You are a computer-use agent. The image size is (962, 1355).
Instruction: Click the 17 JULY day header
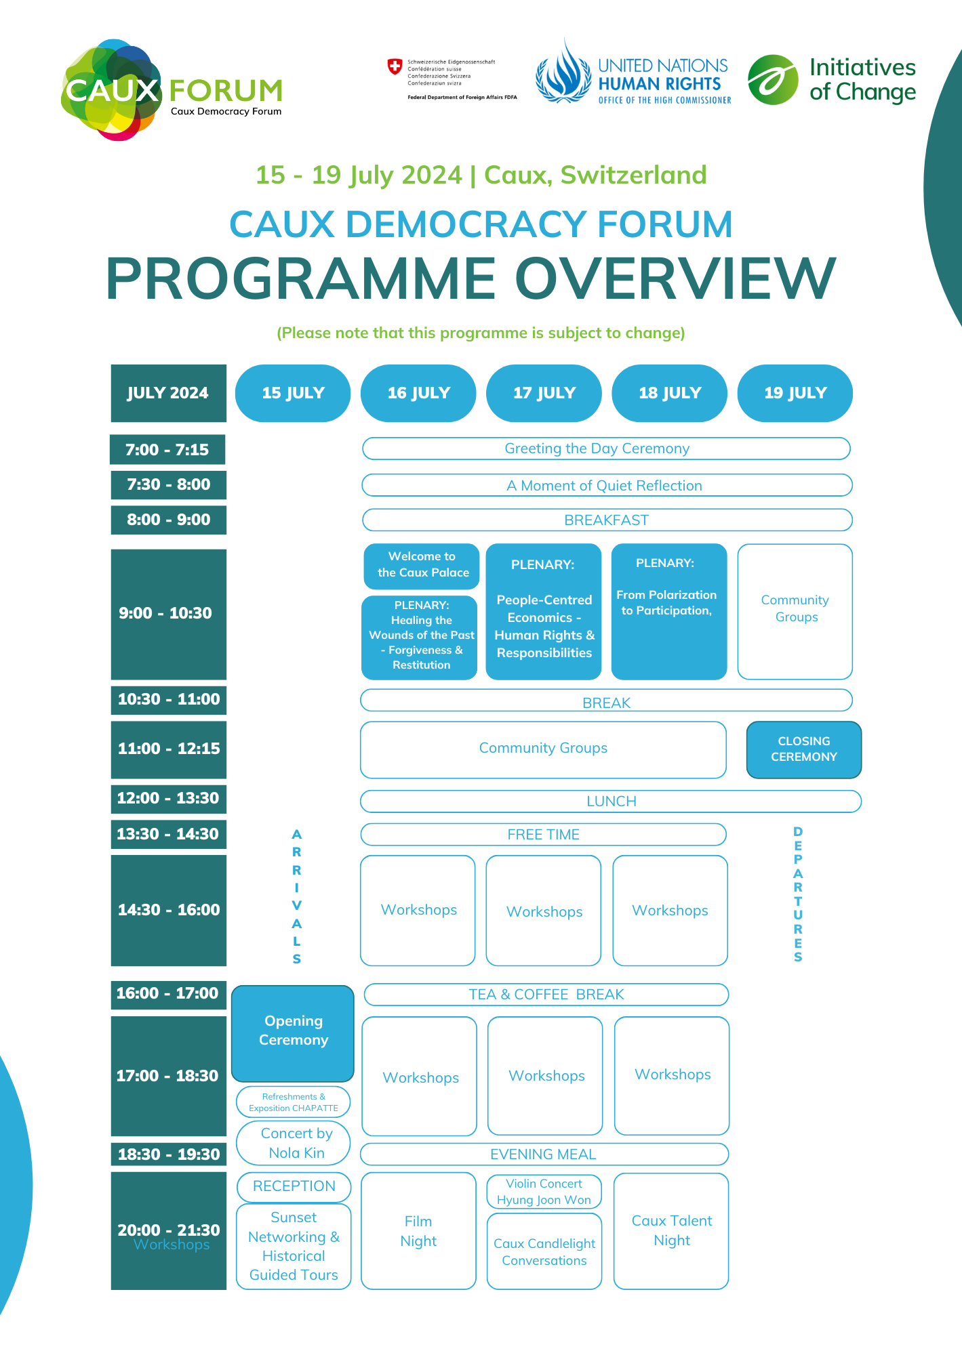544,393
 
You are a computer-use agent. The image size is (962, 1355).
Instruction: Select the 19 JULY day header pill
795,393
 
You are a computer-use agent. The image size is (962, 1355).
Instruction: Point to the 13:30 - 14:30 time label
168,834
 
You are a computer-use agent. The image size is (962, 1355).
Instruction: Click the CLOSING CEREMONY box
803,749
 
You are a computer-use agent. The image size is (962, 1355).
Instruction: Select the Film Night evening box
418,1231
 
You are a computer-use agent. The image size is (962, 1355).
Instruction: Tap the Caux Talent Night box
671,1231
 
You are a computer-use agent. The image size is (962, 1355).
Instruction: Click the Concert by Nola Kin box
294,1143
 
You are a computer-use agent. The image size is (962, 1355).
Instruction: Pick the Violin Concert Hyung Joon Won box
544,1191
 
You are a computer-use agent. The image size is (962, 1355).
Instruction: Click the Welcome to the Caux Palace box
422,565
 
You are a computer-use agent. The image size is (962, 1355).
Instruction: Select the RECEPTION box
294,1186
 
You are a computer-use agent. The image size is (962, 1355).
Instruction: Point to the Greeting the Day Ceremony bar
605,449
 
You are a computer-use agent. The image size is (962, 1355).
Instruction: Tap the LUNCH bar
610,801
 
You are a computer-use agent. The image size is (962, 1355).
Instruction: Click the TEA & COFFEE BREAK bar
546,995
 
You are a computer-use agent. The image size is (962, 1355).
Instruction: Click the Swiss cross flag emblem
395,66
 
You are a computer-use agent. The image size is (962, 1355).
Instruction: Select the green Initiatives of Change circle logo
773,80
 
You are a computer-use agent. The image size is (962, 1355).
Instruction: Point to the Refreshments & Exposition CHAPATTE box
294,1102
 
